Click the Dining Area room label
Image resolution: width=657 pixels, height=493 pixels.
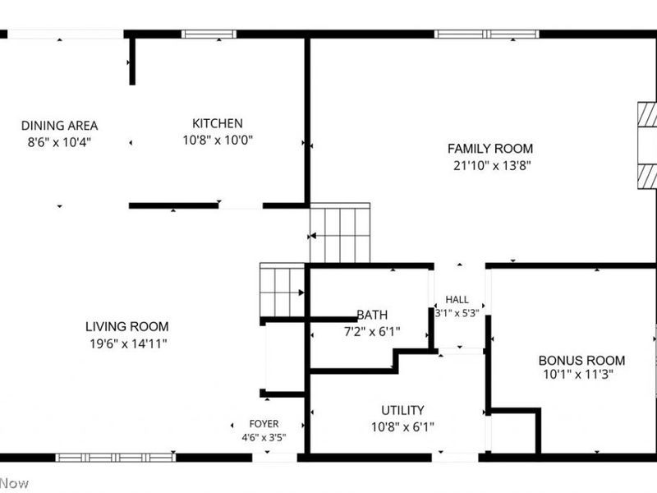pyautogui.click(x=59, y=126)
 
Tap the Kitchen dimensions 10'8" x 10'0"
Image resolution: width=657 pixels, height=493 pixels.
pyautogui.click(x=218, y=140)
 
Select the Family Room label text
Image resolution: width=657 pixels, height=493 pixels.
pyautogui.click(x=490, y=149)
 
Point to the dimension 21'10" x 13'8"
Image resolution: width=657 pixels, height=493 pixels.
pyautogui.click(x=492, y=166)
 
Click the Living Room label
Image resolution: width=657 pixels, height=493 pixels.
pyautogui.click(x=127, y=326)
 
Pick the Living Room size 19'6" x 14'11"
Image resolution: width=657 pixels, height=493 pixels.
pyautogui.click(x=128, y=343)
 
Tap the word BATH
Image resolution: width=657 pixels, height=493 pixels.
pyautogui.click(x=372, y=315)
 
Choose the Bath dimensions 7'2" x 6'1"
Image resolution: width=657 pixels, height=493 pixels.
pyautogui.click(x=372, y=332)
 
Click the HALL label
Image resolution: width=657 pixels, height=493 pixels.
pyautogui.click(x=457, y=299)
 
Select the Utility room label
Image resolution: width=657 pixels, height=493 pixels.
pyautogui.click(x=402, y=410)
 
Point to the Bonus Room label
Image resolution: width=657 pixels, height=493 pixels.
pyautogui.click(x=581, y=360)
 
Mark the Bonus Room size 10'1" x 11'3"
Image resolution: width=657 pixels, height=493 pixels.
pyautogui.click(x=578, y=374)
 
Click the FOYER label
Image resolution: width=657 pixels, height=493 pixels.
pyautogui.click(x=264, y=424)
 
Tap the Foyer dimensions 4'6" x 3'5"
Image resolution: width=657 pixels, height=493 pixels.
pyautogui.click(x=264, y=438)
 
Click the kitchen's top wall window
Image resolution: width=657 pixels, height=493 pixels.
pyautogui.click(x=209, y=34)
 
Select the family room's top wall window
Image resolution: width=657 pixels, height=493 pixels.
pyautogui.click(x=486, y=34)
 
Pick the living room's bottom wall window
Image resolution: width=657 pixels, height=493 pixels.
pyautogui.click(x=116, y=458)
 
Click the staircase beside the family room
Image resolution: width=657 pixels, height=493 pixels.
pyautogui.click(x=340, y=233)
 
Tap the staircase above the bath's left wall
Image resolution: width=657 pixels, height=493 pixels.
pyautogui.click(x=282, y=290)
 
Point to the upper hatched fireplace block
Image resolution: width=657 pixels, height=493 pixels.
pyautogui.click(x=647, y=114)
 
